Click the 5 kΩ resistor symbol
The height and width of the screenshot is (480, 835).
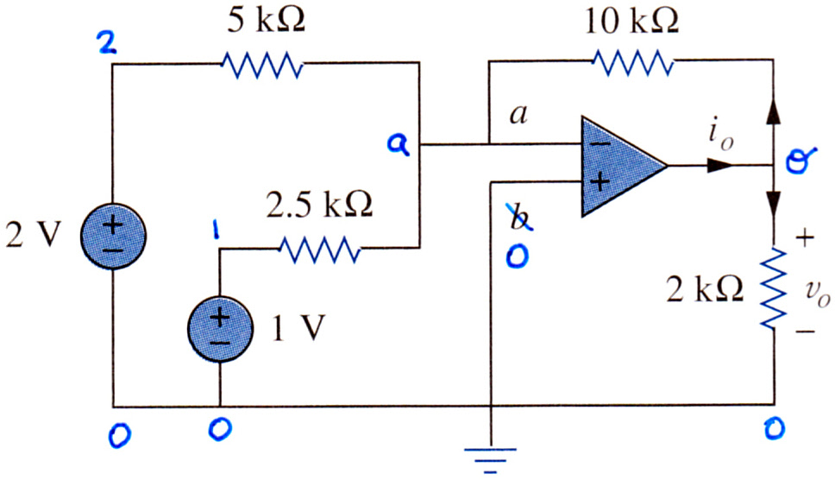pos(262,65)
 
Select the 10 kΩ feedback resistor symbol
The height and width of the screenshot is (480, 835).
pos(632,62)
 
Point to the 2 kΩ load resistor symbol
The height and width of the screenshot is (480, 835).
pos(773,288)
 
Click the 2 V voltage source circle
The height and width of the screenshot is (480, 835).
pos(113,236)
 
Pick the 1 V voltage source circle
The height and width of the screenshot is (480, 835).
pos(220,329)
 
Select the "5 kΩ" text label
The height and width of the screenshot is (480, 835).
pos(267,21)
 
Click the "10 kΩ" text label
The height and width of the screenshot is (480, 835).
pos(631,21)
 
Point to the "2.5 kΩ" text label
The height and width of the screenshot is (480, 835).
pos(319,205)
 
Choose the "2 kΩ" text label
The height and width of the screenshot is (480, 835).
pos(705,290)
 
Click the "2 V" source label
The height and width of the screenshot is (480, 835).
pos(34,235)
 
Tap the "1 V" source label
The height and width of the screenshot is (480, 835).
pos(298,328)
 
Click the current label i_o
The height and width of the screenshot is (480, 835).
pos(722,136)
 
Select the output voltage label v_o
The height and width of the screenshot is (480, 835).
pos(818,292)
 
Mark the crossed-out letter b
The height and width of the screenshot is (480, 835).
pos(519,218)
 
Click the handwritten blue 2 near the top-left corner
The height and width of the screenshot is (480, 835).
pos(108,42)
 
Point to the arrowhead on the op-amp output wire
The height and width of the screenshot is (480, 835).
pos(720,165)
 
